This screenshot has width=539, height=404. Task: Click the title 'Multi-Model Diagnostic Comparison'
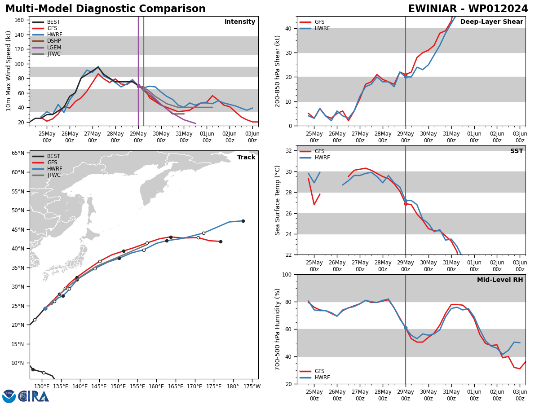coord(106,9)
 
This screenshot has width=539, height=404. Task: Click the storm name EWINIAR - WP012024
coord(468,9)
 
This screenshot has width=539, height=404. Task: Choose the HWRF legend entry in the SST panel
coord(322,158)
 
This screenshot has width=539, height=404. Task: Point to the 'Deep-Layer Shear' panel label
coord(491,22)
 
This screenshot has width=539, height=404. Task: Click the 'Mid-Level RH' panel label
coord(500,280)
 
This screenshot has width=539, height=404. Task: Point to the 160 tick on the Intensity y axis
coord(19,20)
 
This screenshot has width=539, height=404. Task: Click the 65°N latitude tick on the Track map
coord(18,153)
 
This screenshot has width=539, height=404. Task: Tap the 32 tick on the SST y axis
coord(289,151)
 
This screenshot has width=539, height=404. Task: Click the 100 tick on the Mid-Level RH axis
coord(287,274)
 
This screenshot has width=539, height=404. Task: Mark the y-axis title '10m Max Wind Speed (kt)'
coord(9,71)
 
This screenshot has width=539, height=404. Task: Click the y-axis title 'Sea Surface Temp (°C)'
coord(278,200)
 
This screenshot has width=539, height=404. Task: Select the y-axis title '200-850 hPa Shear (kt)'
coord(278,71)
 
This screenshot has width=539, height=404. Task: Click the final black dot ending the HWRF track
coord(243,221)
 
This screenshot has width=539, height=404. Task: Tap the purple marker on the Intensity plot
coord(138,86)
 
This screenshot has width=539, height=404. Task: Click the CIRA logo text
coord(34,396)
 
